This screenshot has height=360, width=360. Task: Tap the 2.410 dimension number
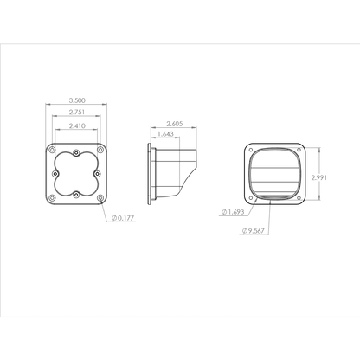tap(75, 127)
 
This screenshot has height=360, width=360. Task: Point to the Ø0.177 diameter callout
tap(125, 218)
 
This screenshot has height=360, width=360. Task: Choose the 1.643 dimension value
tap(164, 134)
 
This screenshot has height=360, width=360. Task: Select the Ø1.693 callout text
tap(235, 210)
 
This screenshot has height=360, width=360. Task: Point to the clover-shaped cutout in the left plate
tap(75, 174)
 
